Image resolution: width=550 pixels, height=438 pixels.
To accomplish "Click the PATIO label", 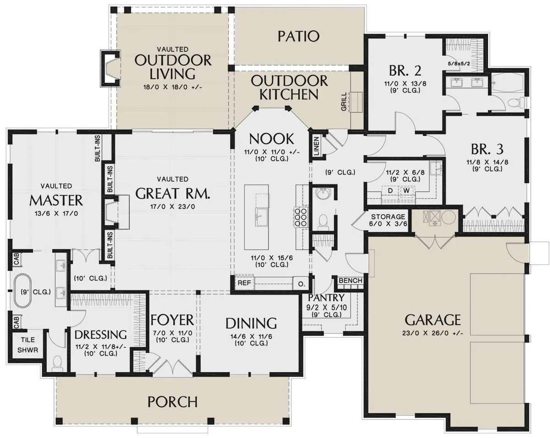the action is pyautogui.click(x=298, y=36).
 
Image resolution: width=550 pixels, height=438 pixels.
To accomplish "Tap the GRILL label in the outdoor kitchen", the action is pyautogui.click(x=344, y=102).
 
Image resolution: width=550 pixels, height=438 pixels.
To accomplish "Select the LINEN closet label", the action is pyautogui.click(x=316, y=146).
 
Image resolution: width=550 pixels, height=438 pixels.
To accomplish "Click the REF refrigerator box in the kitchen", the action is pyautogui.click(x=244, y=283).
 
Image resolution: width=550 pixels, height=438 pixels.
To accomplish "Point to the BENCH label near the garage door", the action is pyautogui.click(x=350, y=281).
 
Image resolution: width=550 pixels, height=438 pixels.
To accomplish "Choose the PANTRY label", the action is pyautogui.click(x=326, y=297).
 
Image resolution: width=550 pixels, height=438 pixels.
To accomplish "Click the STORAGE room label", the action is pyautogui.click(x=388, y=216).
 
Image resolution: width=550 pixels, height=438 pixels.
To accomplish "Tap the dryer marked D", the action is pyautogui.click(x=390, y=191).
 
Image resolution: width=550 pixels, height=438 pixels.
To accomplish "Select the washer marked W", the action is pyautogui.click(x=407, y=191).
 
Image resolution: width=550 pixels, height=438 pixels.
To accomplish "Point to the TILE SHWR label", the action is pyautogui.click(x=27, y=345).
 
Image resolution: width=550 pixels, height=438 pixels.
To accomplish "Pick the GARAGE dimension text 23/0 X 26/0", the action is pyautogui.click(x=432, y=333).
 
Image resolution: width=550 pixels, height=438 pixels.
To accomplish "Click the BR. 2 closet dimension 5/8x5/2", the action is pyautogui.click(x=459, y=64).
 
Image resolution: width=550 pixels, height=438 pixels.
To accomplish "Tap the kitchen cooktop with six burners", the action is pyautogui.click(x=301, y=217).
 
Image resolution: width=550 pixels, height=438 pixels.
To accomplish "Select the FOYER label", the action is pyautogui.click(x=172, y=320).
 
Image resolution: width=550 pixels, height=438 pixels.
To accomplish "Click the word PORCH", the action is pyautogui.click(x=172, y=402).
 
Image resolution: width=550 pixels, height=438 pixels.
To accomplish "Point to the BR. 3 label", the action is pyautogui.click(x=487, y=149).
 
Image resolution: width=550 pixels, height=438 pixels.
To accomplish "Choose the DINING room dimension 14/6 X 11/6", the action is pyautogui.click(x=251, y=336).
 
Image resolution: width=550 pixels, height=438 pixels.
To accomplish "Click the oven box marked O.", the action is pyautogui.click(x=302, y=284).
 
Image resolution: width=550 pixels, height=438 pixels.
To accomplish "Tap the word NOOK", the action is pyautogui.click(x=271, y=139).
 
